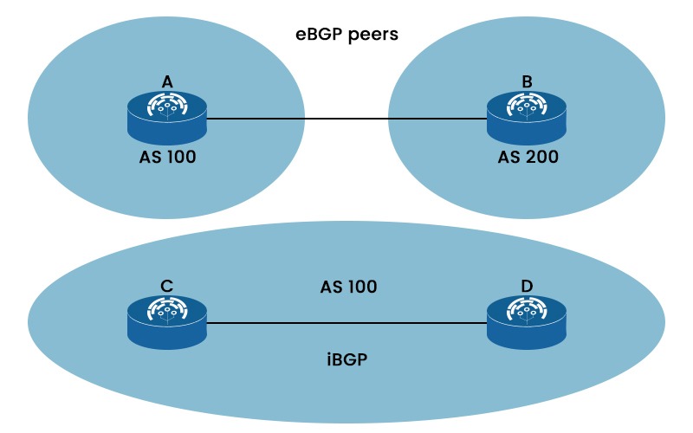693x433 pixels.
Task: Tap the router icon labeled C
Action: click(x=167, y=322)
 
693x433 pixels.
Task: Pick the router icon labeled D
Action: click(x=526, y=322)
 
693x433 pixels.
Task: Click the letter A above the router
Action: click(x=167, y=81)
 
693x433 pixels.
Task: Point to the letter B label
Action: click(x=526, y=81)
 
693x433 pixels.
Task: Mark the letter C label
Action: click(x=167, y=285)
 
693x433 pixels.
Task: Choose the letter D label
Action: click(x=526, y=285)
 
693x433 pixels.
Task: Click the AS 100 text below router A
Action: click(x=167, y=158)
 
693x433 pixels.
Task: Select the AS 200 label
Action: click(x=527, y=158)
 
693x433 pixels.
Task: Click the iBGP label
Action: click(x=346, y=358)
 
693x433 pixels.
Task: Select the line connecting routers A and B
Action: click(x=346, y=119)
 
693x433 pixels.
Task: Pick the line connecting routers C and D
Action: click(x=346, y=323)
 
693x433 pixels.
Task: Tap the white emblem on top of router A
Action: click(x=167, y=107)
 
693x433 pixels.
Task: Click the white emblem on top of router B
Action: click(x=526, y=107)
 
